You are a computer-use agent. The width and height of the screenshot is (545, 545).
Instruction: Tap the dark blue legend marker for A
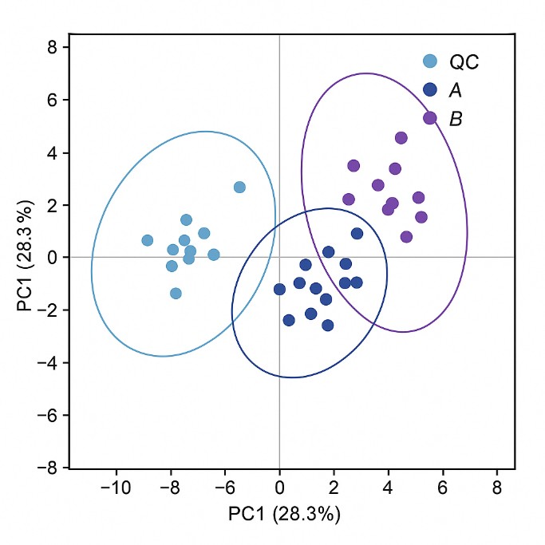pos(430,90)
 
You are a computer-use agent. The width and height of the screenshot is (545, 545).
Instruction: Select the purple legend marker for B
pos(430,118)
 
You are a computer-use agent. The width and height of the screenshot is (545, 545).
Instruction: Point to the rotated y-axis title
pos(30,257)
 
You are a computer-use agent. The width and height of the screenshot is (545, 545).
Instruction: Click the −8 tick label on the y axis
pos(49,468)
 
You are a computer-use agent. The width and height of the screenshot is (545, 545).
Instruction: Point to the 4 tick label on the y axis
pos(53,152)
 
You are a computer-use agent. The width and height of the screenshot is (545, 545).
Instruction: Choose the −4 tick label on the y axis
pos(49,362)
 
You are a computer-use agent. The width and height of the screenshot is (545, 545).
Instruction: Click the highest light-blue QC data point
pos(239,187)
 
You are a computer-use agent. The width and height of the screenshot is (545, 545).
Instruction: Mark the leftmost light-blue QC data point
pos(147,240)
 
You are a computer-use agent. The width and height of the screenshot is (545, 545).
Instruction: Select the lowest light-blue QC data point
pos(176,293)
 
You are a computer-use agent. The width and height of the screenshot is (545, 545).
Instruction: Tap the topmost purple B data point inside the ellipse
pos(401,138)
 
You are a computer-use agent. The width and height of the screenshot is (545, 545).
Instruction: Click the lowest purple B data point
pos(406,237)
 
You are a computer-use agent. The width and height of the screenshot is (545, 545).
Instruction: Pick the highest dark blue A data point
pos(357,234)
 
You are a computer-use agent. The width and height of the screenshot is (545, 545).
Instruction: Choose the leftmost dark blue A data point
pos(279,289)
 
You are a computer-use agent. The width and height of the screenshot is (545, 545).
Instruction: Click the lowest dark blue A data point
pos(327,325)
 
